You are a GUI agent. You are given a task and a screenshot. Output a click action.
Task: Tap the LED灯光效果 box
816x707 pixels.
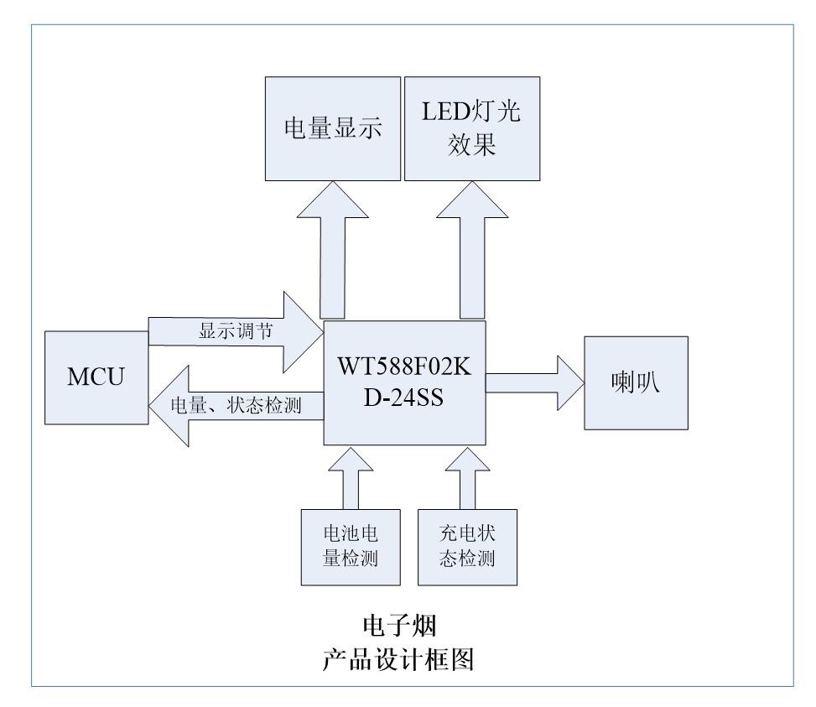471,129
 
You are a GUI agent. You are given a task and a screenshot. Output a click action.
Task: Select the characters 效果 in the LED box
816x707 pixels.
472,146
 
